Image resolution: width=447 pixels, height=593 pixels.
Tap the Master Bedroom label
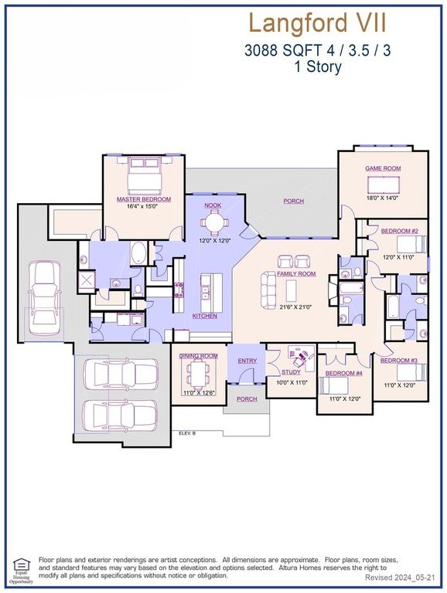pos(144,199)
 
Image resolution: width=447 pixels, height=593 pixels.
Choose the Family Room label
pos(297,274)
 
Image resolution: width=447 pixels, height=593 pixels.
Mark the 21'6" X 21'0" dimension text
pos(297,307)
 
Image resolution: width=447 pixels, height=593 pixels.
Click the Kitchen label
pos(205,316)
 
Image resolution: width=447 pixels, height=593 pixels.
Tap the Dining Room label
pos(199,356)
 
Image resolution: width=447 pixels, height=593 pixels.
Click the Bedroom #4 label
pos(343,374)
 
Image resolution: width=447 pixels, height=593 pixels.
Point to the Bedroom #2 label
pos(399,232)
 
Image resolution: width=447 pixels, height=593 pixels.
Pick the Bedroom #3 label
pos(399,361)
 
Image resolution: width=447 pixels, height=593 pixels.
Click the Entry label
pos(247,361)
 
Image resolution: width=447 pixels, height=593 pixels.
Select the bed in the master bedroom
pos(145,176)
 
